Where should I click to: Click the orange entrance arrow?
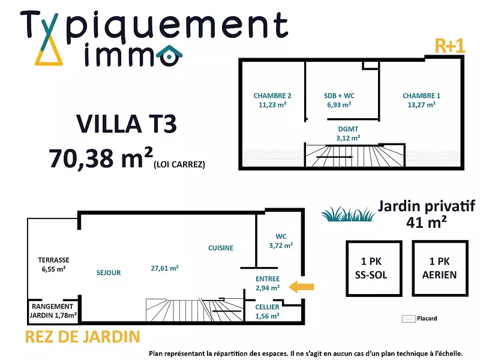coord(302,287)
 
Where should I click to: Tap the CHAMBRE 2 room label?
coord(272,100)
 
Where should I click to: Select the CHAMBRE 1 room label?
coord(421,100)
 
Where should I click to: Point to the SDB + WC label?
coord(339,100)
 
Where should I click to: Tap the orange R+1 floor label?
coord(449,46)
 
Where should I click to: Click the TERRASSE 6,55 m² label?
coord(53,265)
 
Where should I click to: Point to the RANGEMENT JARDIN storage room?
coord(53,309)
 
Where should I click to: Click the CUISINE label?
coord(221,248)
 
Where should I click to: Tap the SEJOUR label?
coord(109,272)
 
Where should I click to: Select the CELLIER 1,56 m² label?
coord(266,311)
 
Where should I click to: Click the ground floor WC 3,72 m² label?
coord(280,241)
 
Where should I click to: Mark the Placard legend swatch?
coord(409,319)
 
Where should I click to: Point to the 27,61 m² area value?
coord(164,268)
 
